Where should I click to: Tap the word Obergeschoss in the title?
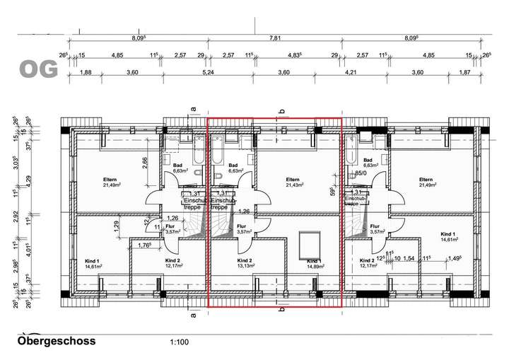click(56, 341)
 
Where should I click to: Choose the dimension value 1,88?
click(87, 71)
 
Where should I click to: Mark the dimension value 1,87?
click(464, 71)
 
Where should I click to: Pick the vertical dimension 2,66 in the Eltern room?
click(144, 161)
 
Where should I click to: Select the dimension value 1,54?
click(408, 259)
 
